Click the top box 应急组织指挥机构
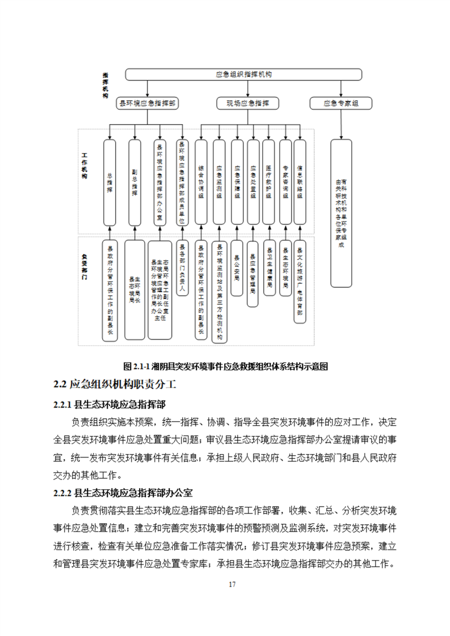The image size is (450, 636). (x=243, y=74)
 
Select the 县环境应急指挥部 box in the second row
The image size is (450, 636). (x=146, y=103)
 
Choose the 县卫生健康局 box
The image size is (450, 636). (x=269, y=266)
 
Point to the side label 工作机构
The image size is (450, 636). (x=85, y=164)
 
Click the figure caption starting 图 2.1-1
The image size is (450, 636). (x=226, y=366)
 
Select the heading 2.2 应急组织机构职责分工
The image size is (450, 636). (x=115, y=385)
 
